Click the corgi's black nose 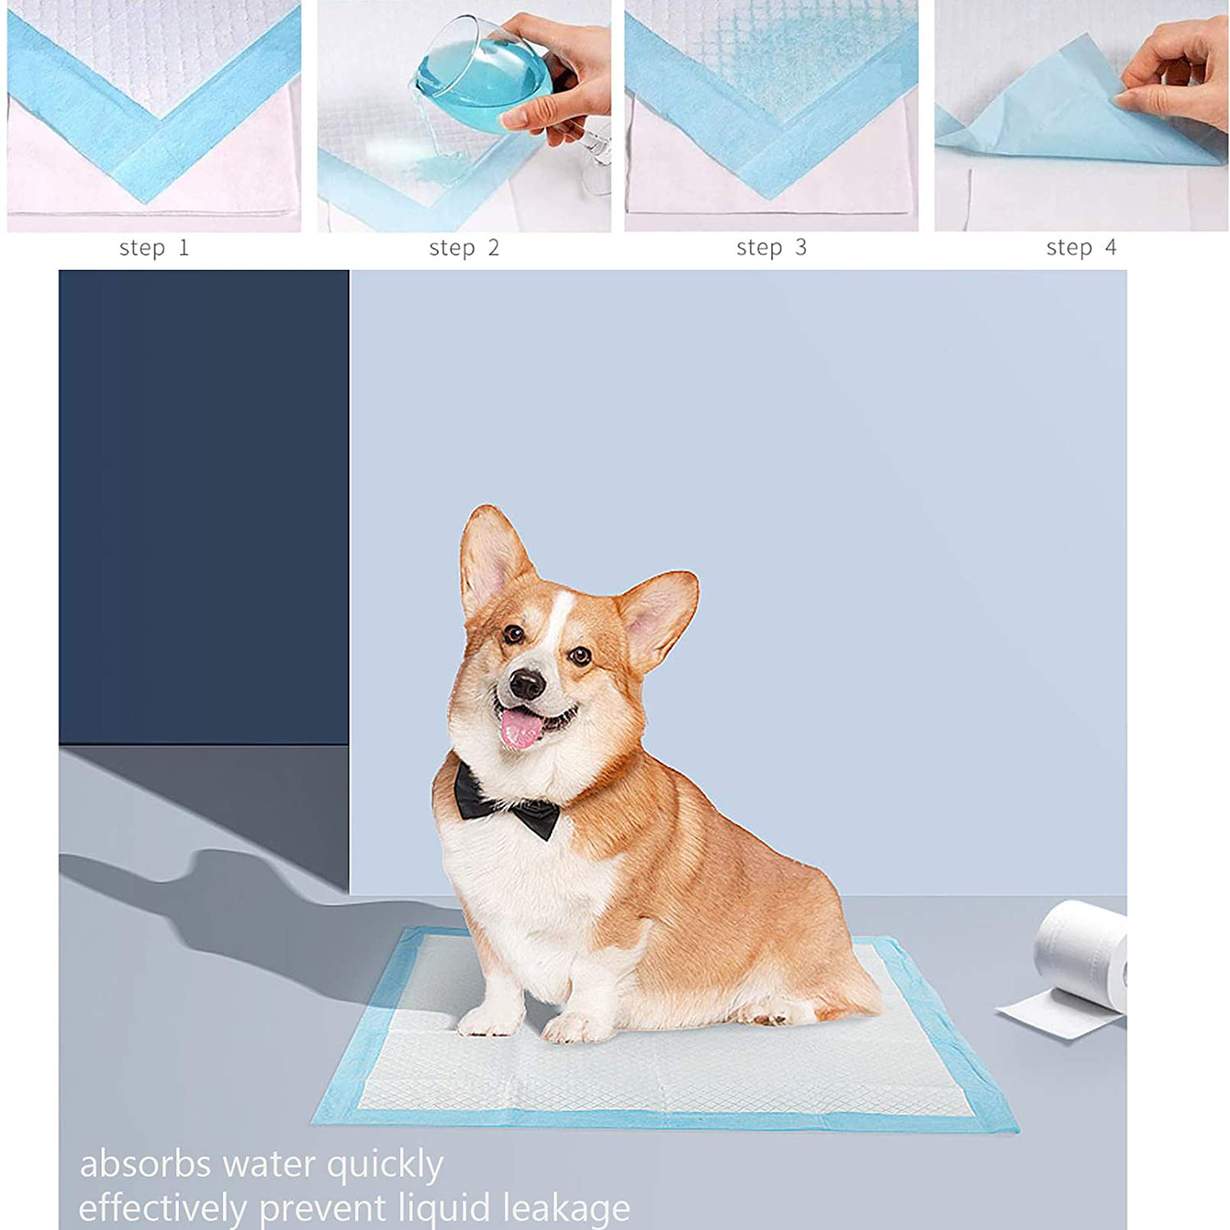click(527, 684)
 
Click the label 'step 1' click(154, 248)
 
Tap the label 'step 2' click(464, 248)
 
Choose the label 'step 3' click(772, 248)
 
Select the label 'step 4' click(1081, 248)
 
